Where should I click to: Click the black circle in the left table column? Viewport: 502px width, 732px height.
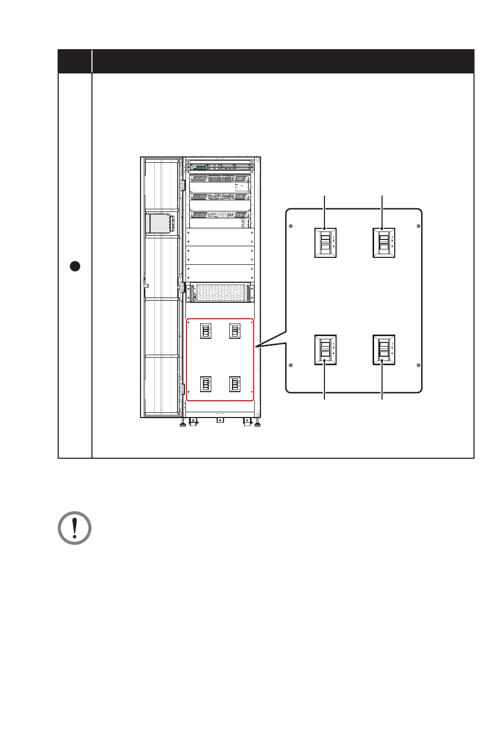coord(75,266)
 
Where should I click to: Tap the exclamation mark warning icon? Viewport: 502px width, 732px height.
coord(75,527)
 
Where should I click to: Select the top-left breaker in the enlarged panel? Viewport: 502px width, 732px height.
coord(326,243)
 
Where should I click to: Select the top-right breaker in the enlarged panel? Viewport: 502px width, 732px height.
coord(384,243)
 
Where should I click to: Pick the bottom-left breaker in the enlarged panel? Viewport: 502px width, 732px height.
coord(326,349)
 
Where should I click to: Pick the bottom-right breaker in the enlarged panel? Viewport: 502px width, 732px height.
coord(384,349)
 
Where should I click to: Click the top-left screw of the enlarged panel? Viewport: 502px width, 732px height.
coord(291,227)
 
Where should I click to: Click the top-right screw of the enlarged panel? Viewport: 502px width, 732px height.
coord(419,227)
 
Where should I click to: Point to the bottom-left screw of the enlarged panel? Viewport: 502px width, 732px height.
coord(291,365)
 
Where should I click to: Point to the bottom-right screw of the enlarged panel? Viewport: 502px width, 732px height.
coord(419,365)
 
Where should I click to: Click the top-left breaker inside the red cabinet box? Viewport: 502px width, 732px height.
coord(206,331)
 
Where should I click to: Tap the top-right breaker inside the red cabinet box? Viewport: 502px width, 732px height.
coord(235,331)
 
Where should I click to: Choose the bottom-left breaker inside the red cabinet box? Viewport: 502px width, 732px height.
coord(206,384)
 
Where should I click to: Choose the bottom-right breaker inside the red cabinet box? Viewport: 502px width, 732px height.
coord(235,384)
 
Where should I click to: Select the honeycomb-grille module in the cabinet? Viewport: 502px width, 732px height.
coord(219,292)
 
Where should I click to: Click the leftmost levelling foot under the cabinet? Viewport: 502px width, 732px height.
coord(182,423)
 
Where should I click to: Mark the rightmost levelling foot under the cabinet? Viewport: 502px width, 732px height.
coord(257,423)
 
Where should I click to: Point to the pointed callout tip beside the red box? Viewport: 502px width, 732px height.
coord(256,347)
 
